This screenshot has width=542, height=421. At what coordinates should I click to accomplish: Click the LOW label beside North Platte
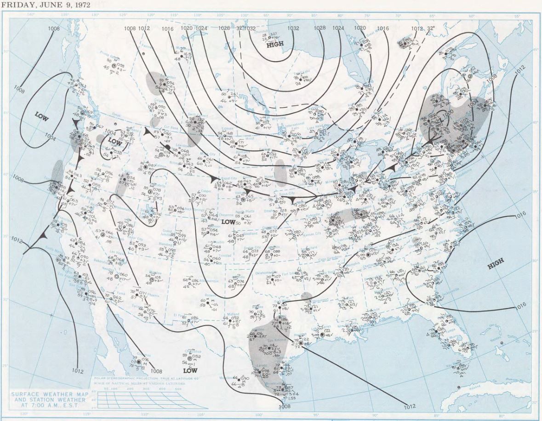coord(228,222)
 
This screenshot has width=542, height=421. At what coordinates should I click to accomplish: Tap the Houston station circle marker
coord(301,343)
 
